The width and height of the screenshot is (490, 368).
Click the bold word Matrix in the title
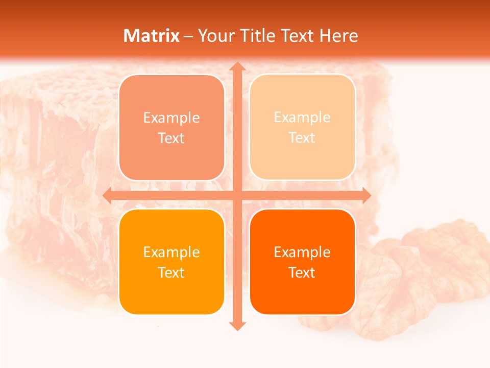pyautogui.click(x=152, y=36)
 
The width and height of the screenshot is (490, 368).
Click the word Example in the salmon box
pyautogui.click(x=171, y=118)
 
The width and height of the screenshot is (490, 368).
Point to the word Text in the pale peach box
pyautogui.click(x=302, y=138)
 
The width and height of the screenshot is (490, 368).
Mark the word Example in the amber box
pyautogui.click(x=171, y=252)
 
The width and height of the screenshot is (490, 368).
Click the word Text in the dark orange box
pyautogui.click(x=302, y=272)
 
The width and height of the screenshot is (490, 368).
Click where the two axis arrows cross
pyautogui.click(x=237, y=195)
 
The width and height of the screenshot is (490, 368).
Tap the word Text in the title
pyautogui.click(x=297, y=36)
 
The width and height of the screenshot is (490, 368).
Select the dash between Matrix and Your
pyautogui.click(x=188, y=36)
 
